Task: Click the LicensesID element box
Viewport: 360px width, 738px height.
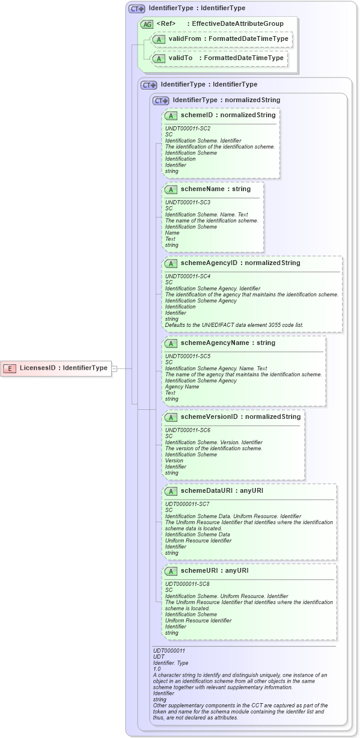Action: (58, 368)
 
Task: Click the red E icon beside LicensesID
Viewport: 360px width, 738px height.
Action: (10, 368)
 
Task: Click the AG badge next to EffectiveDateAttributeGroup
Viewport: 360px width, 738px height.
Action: (147, 24)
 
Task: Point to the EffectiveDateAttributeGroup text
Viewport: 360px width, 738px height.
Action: (237, 24)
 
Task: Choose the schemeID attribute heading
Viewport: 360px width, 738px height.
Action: (228, 115)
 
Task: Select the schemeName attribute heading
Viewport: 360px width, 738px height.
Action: (215, 189)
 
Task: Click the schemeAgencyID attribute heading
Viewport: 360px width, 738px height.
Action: (240, 263)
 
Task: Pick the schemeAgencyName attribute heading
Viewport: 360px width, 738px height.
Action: (227, 343)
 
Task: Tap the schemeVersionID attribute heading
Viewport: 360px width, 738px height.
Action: (240, 416)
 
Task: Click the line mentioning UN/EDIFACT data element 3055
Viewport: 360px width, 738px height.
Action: (234, 325)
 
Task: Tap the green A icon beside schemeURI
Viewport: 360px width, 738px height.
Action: (171, 571)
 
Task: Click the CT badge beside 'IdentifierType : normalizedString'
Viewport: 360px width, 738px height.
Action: (160, 100)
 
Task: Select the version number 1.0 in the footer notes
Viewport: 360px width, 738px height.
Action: (157, 669)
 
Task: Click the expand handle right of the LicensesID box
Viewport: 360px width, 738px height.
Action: (114, 368)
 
